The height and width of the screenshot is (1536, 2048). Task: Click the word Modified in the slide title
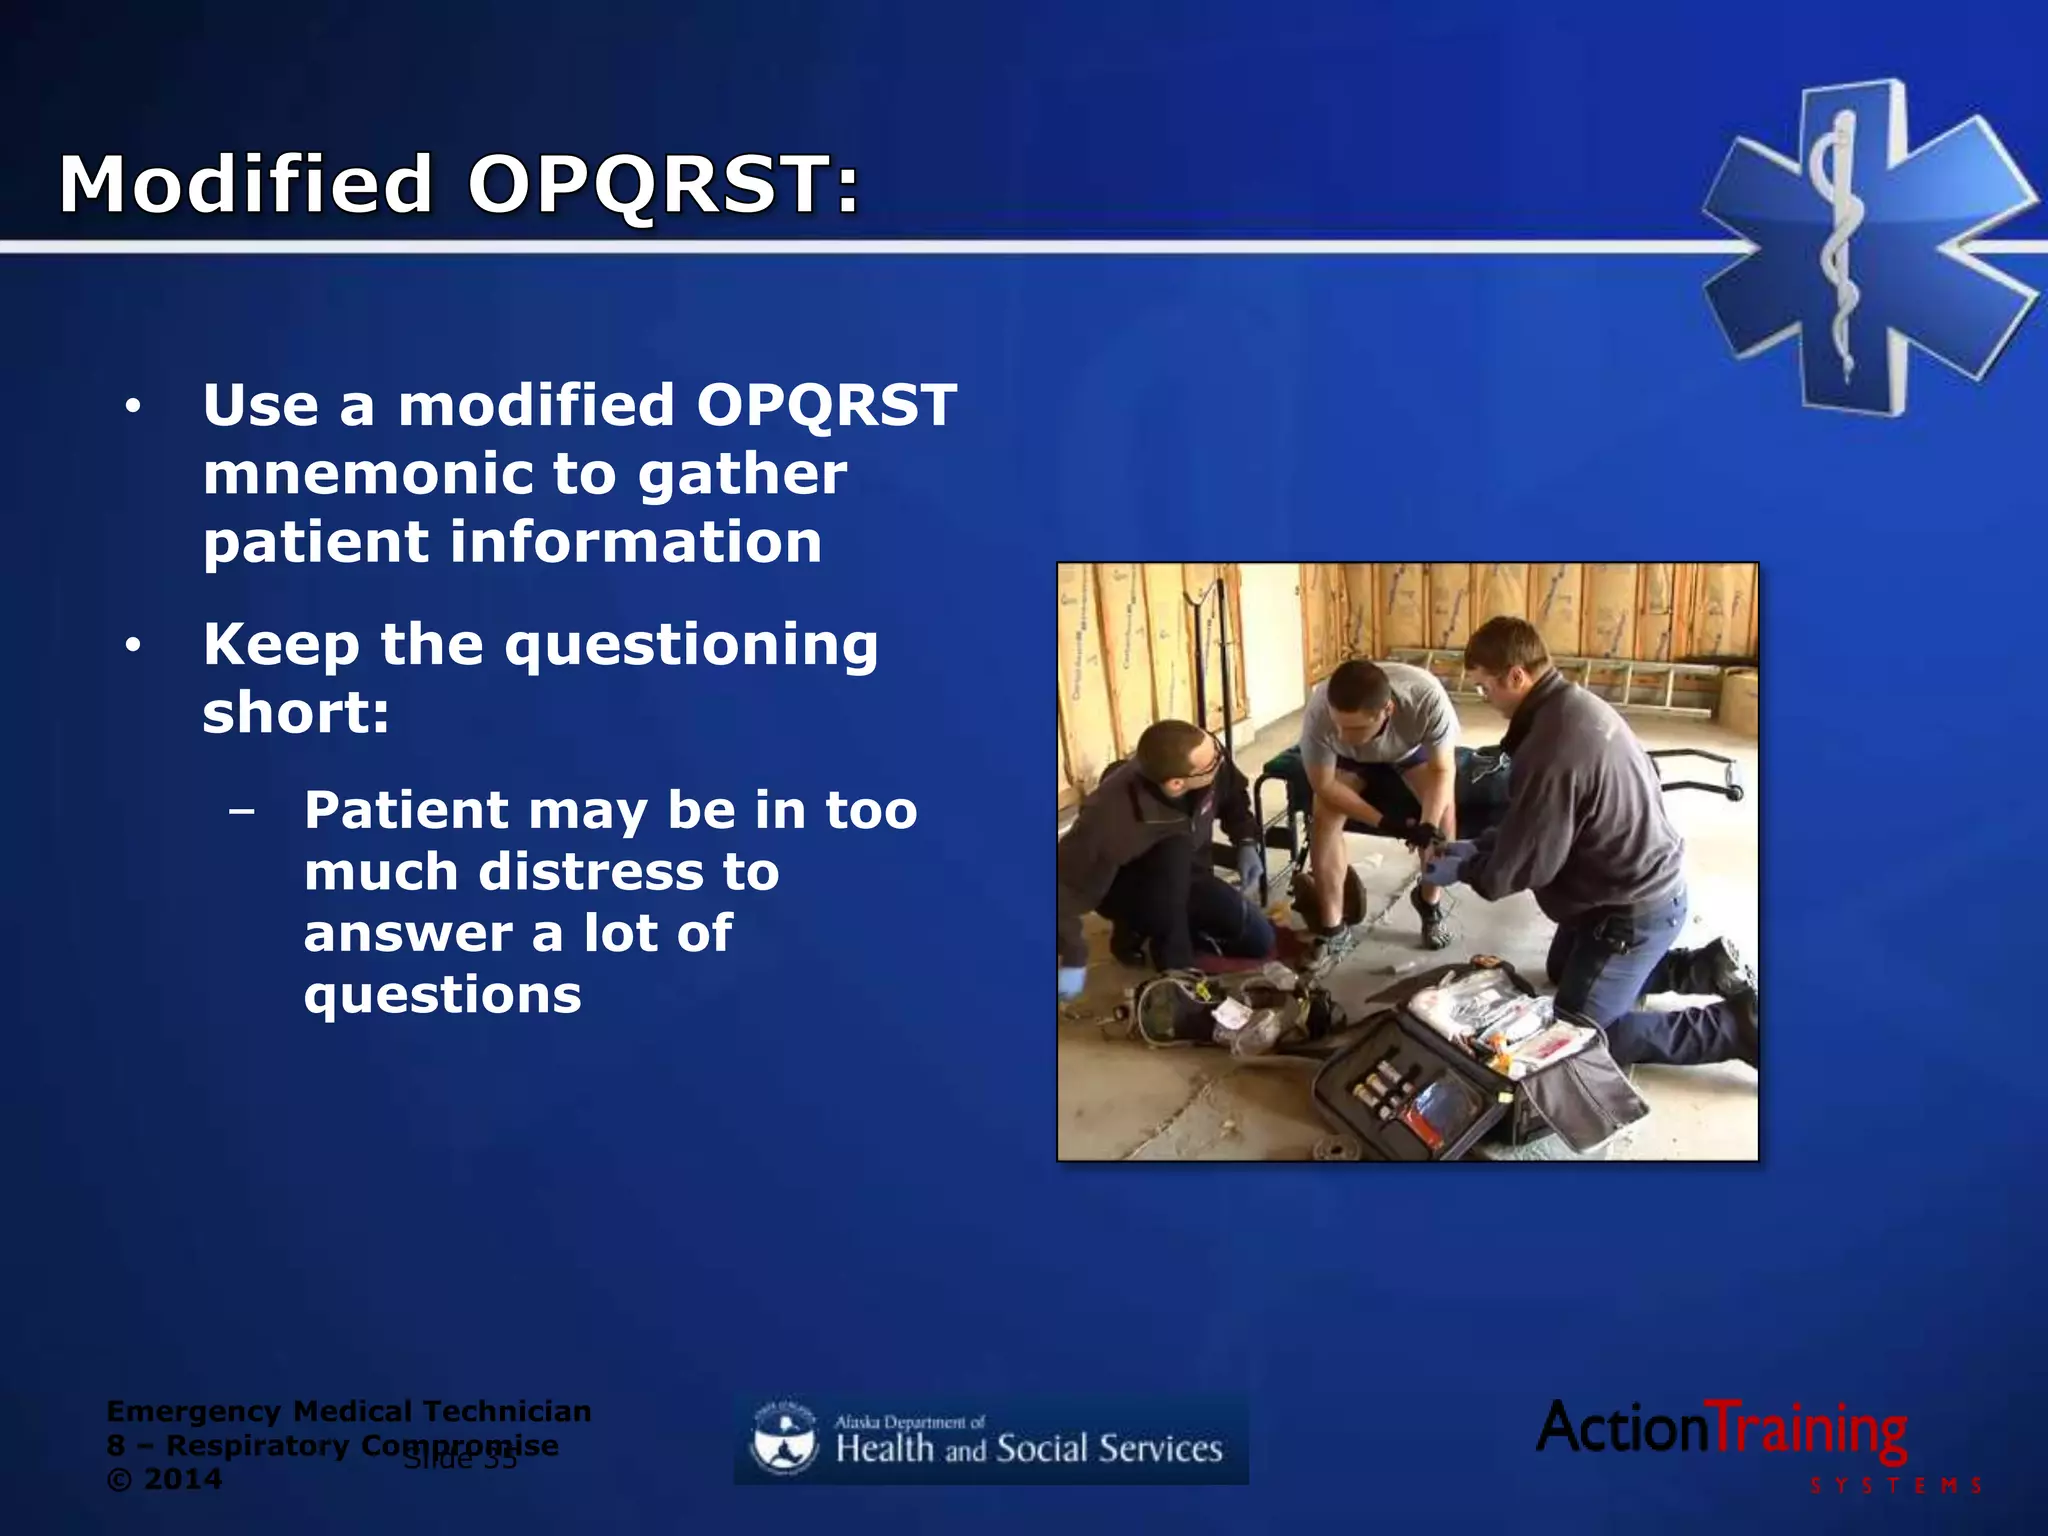[245, 185]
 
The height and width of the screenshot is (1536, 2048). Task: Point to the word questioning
[691, 645]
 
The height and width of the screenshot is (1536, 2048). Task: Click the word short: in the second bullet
[296, 713]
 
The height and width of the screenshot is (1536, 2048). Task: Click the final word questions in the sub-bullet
[442, 995]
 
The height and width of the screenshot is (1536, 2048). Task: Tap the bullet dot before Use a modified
[133, 407]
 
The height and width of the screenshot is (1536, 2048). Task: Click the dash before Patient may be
[241, 810]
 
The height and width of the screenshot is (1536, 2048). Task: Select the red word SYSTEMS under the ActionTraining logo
[1895, 1486]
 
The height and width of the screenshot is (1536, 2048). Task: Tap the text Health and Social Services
[1028, 1449]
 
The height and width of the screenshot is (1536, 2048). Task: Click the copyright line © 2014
[164, 1479]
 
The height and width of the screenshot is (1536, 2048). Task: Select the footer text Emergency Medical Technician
[348, 1411]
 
